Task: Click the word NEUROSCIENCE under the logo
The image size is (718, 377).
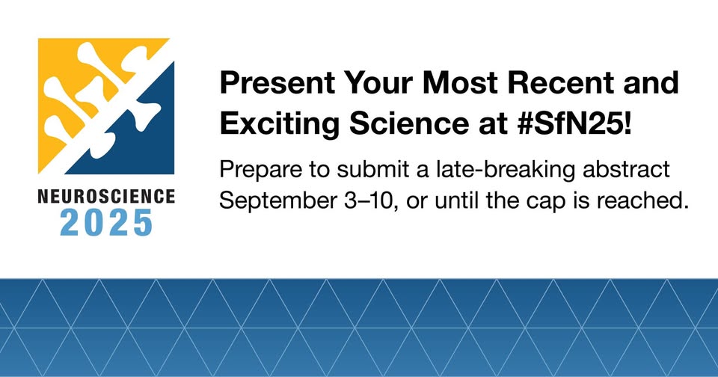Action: (106, 197)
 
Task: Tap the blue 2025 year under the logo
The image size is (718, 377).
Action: (106, 223)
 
